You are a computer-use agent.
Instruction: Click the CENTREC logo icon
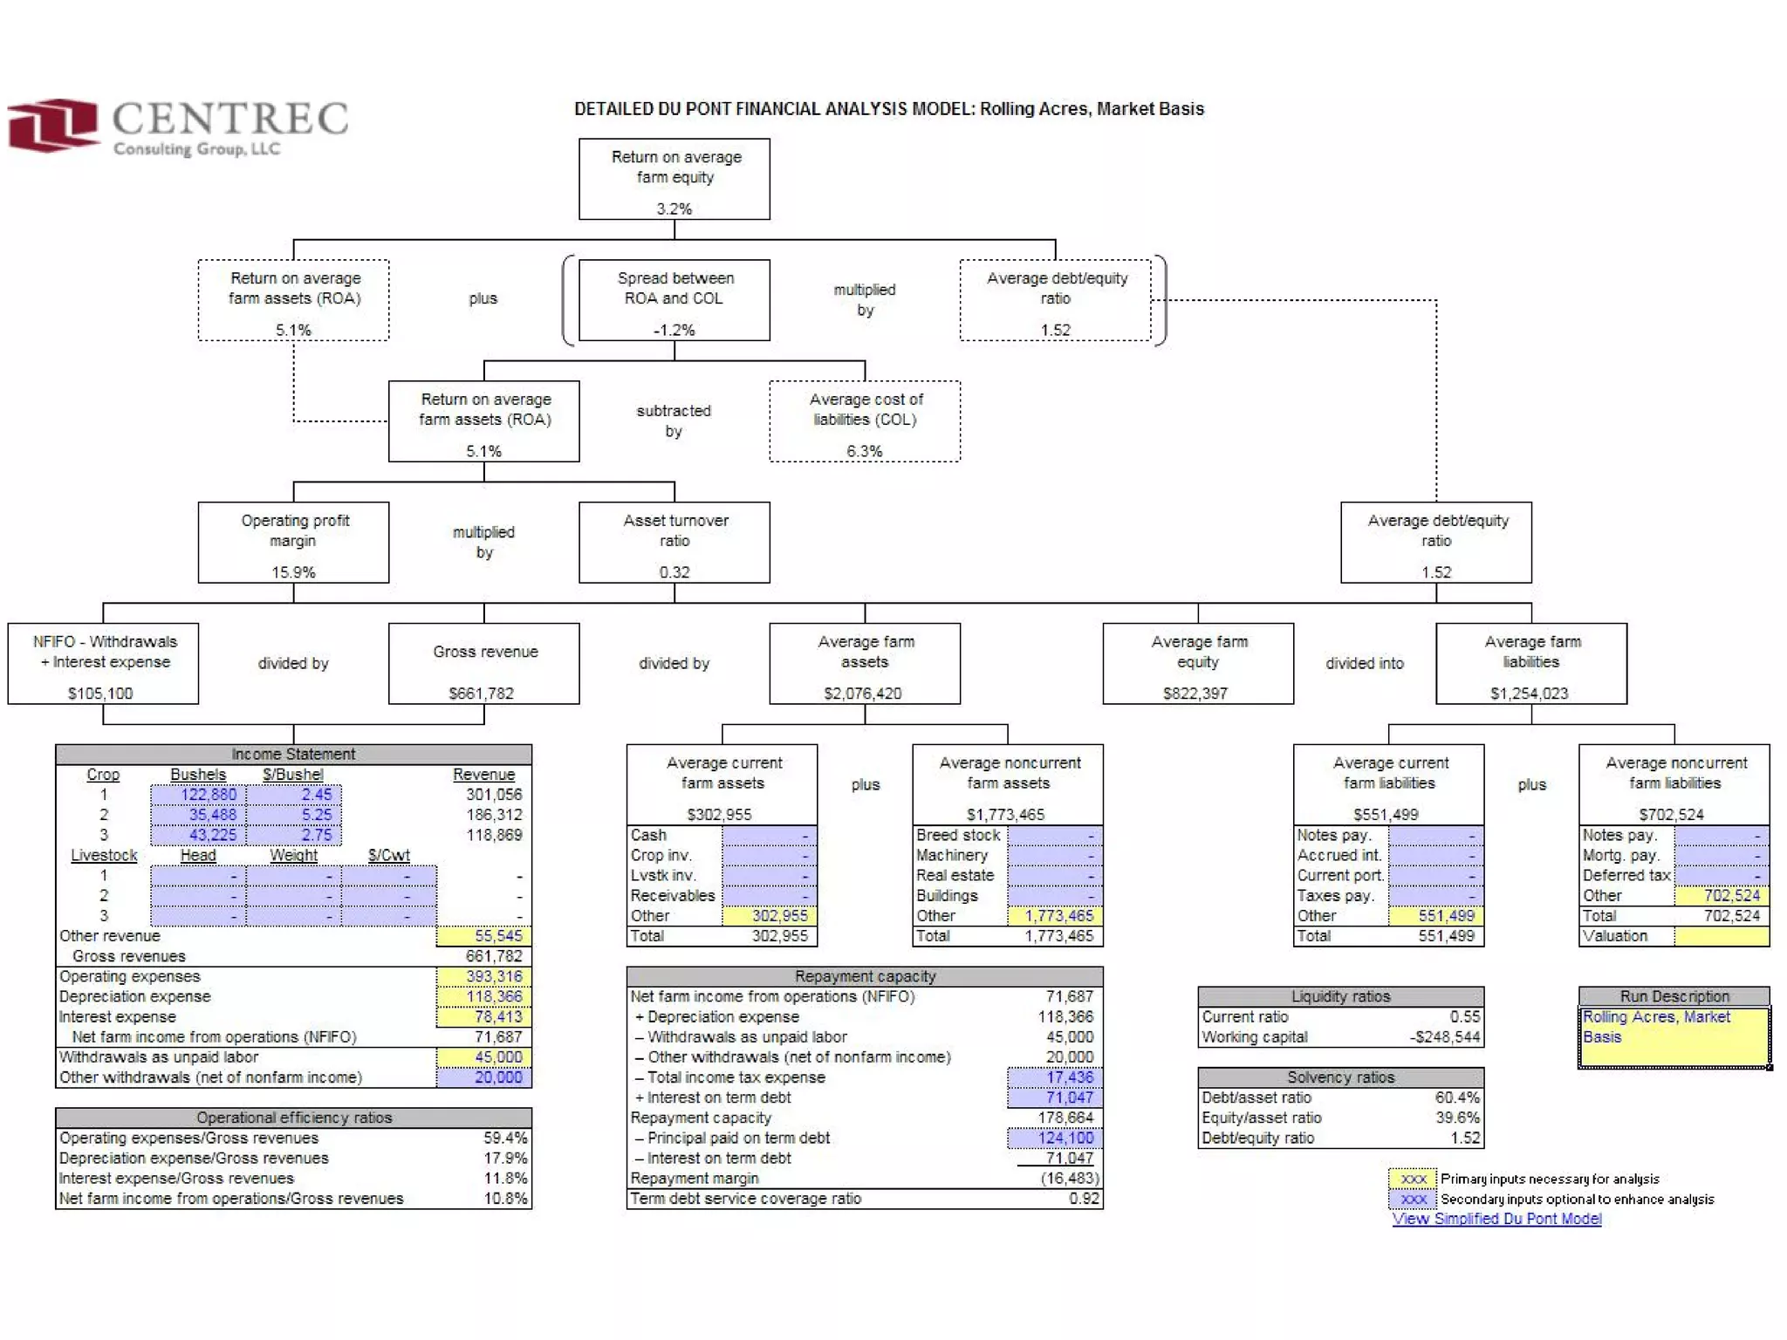tap(52, 125)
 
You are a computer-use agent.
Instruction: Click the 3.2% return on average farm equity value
tap(674, 209)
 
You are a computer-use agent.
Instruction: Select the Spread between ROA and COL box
tap(674, 299)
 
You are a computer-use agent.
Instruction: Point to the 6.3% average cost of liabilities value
tap(864, 451)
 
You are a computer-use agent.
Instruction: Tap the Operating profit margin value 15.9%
tap(293, 572)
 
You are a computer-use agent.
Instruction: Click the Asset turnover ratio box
tap(674, 542)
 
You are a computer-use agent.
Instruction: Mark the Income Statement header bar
tap(293, 754)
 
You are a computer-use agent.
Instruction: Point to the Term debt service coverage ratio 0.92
tap(1084, 1199)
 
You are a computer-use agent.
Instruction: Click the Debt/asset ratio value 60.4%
tap(1457, 1097)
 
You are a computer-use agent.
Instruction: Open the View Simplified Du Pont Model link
tap(1496, 1219)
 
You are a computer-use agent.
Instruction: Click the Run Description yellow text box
tap(1674, 1037)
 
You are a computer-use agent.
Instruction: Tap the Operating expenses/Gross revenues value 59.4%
tap(505, 1138)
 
